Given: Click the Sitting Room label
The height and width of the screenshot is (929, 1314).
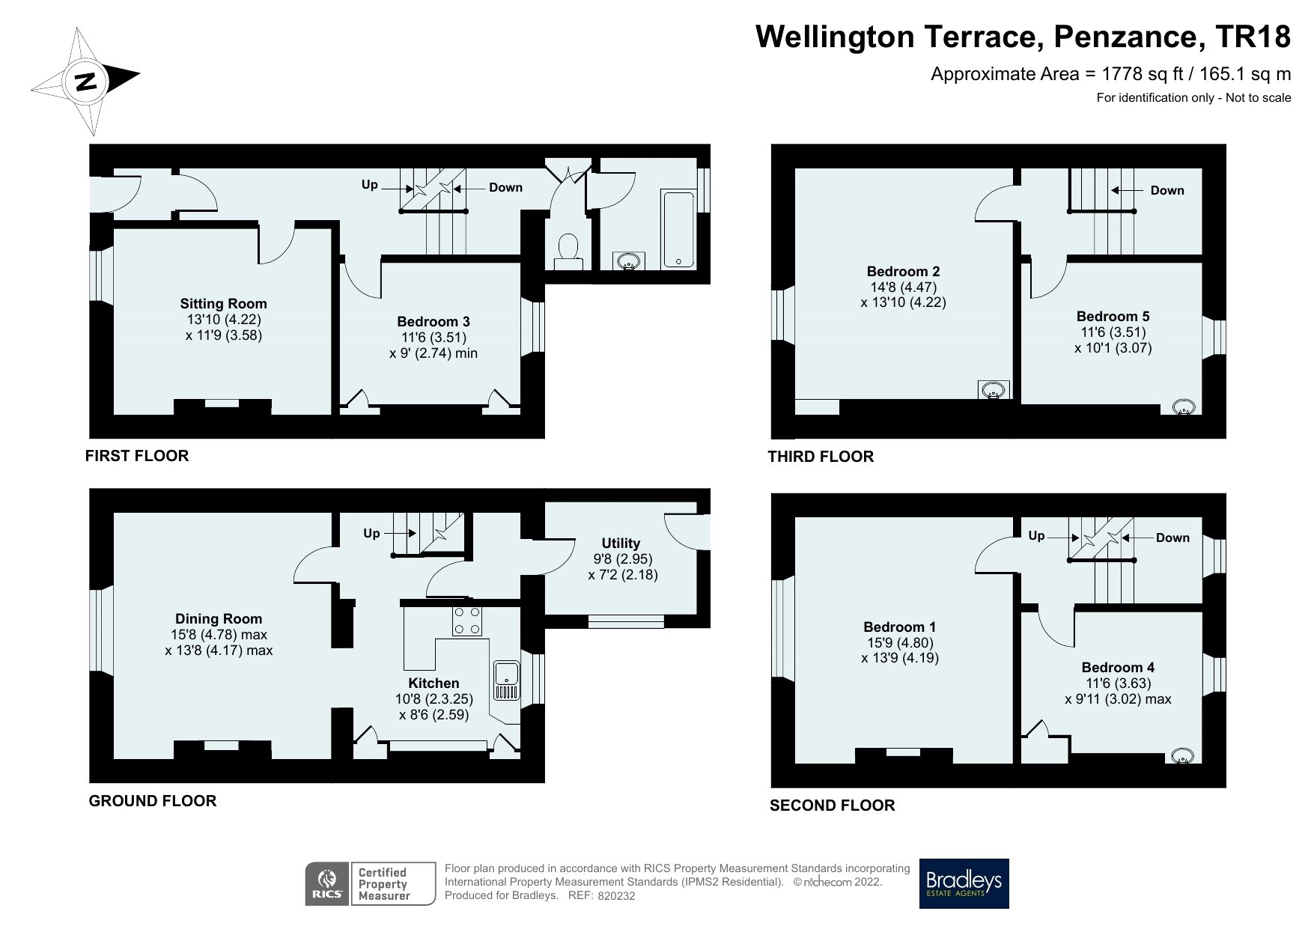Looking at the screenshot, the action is tap(223, 303).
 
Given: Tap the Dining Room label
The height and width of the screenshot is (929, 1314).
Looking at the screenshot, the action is tap(219, 618).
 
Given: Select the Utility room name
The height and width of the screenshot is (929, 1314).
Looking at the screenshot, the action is tap(621, 543).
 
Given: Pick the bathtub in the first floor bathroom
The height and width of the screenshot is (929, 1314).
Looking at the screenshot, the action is tap(678, 228).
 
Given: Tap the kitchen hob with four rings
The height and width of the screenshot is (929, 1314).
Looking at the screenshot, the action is tap(467, 621).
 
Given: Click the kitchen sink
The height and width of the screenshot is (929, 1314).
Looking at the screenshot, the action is tap(506, 680).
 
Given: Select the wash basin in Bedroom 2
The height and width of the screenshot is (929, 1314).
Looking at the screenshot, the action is tap(994, 390).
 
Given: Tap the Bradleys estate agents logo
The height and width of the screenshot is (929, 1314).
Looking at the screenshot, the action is tap(964, 883).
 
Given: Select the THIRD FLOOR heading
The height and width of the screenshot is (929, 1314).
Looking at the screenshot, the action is tap(821, 457).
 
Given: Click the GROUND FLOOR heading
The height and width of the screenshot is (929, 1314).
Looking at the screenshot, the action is tap(153, 801).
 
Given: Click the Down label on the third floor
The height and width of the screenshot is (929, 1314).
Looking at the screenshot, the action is tap(1167, 190).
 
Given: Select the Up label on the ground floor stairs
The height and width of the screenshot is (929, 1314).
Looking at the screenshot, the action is tap(371, 533).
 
